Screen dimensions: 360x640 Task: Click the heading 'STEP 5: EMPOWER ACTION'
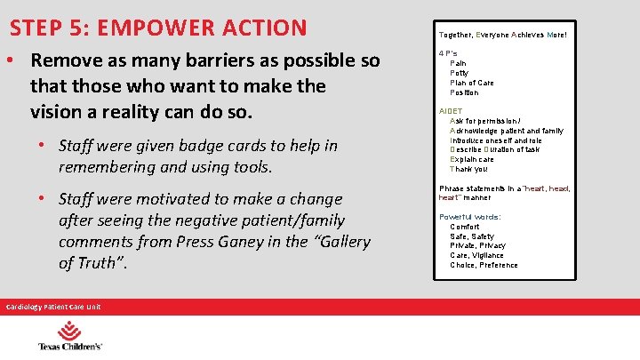tap(158, 27)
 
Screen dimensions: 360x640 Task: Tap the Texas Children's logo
tap(70, 339)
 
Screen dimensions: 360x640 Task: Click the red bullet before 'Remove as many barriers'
tap(12, 62)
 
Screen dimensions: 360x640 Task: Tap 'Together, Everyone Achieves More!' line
tap(502, 36)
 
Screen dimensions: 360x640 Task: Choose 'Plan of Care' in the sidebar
tap(472, 83)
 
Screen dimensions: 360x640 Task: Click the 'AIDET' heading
tap(451, 111)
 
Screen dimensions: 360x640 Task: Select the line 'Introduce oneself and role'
tap(496, 140)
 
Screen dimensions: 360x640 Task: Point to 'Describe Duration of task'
tap(495, 149)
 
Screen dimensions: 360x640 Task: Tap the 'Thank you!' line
tap(468, 169)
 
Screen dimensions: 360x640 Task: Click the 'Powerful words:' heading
tap(470, 217)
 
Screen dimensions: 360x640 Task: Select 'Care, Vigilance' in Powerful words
tap(476, 255)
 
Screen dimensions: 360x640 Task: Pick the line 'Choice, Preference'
tap(484, 265)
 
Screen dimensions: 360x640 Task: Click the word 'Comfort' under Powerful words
tap(466, 227)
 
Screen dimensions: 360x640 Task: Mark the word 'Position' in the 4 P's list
tap(464, 92)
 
